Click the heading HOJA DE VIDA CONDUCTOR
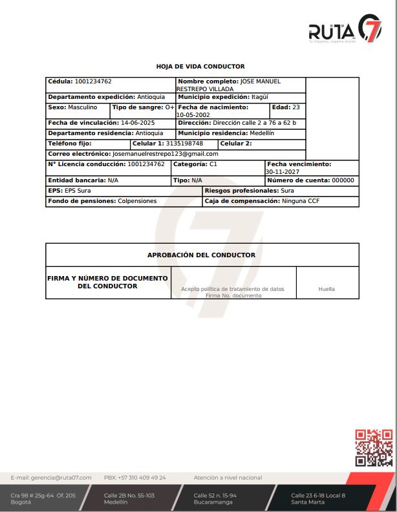point(200,67)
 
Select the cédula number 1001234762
point(93,81)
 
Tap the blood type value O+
point(169,107)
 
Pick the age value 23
point(296,107)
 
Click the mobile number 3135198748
point(184,144)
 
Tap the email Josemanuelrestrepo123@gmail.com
point(165,154)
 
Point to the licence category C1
point(213,165)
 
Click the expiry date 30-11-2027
point(283,172)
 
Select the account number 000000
point(343,180)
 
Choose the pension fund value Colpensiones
point(137,202)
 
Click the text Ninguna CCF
point(301,202)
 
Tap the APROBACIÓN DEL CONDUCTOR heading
point(201,255)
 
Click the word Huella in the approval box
point(327,289)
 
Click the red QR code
point(374,448)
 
